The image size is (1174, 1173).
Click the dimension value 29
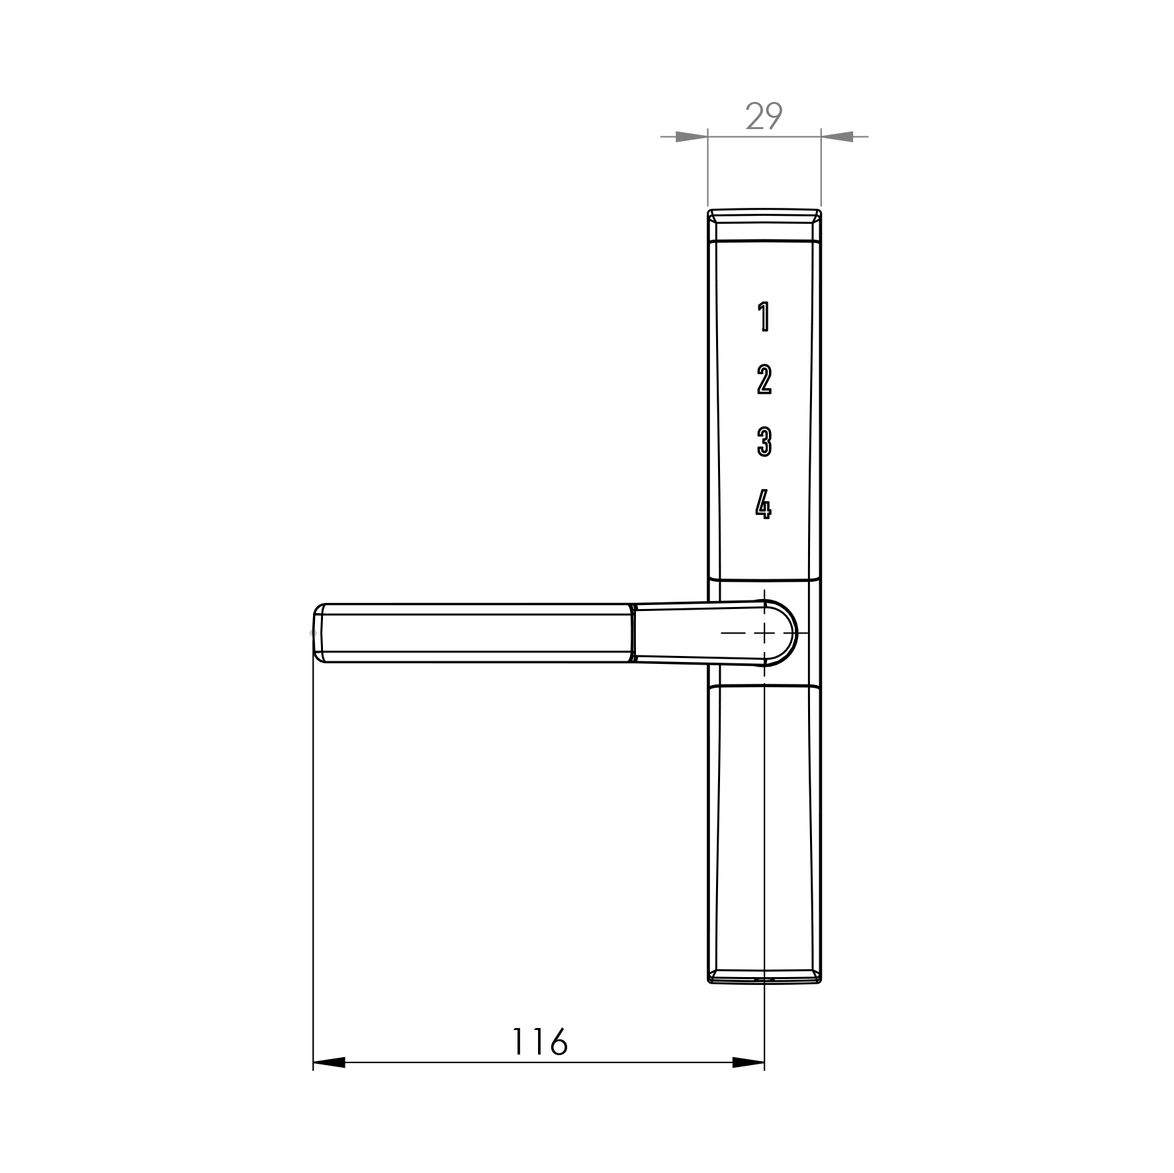click(764, 117)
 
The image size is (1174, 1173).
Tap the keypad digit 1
click(764, 316)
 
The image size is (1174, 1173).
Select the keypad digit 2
click(764, 379)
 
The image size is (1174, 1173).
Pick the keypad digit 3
click(764, 442)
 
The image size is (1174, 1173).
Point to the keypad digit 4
click(763, 505)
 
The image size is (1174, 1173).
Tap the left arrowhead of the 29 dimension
click(692, 137)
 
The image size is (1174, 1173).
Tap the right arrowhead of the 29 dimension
click(837, 137)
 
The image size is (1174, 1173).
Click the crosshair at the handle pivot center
click(764, 633)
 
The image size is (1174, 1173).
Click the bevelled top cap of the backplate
click(764, 225)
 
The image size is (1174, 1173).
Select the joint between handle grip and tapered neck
click(633, 633)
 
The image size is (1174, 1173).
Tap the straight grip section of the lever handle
click(473, 633)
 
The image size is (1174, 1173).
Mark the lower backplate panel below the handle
click(764, 827)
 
